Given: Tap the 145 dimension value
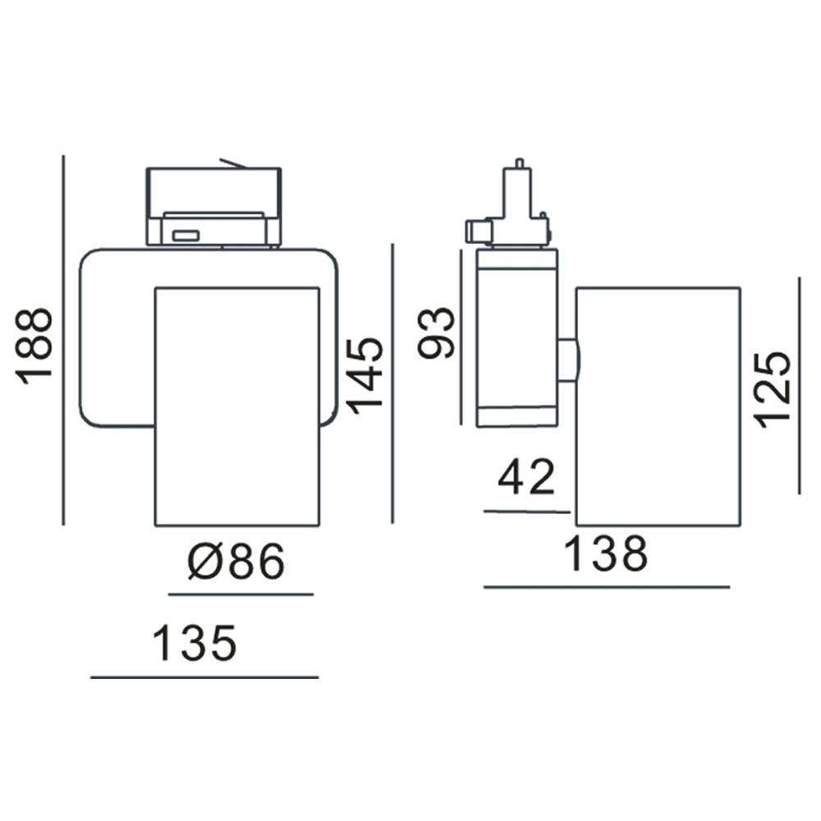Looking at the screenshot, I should (365, 374).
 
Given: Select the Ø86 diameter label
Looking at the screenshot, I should (236, 562).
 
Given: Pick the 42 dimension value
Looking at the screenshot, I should (527, 478).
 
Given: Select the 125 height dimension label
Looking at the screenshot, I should (773, 389).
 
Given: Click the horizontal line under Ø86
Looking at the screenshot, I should (241, 594).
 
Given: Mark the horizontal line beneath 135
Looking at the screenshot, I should (204, 677).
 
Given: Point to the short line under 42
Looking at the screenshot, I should (527, 511).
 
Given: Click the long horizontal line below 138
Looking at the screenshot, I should (607, 587).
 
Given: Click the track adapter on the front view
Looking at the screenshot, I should (213, 205).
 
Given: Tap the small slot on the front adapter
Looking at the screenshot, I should (186, 236).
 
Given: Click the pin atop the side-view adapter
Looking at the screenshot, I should (519, 163).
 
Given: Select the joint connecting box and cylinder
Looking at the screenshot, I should (567, 359).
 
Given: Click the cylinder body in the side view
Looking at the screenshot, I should (658, 406).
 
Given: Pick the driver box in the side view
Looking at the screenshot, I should (516, 337).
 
